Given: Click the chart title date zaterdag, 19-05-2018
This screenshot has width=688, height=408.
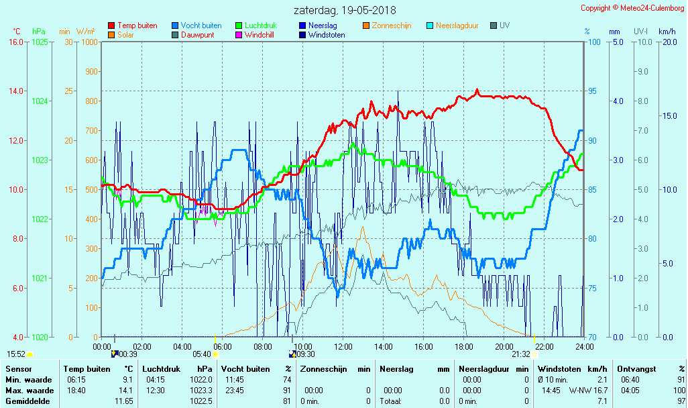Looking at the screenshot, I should tap(345, 10).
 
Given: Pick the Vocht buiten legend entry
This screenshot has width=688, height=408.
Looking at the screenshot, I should tap(200, 25).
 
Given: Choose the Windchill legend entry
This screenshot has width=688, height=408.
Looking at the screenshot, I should tap(258, 35).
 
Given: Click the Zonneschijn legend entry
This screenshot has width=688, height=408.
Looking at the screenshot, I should tap(391, 25).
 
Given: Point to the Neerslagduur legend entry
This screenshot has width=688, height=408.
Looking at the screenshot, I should tap(457, 25).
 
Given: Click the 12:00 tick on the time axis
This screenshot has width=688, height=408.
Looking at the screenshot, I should tap(343, 347).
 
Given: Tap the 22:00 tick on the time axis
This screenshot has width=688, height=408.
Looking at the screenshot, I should tap(544, 347).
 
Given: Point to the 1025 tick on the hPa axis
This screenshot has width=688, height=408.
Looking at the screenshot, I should tap(40, 42).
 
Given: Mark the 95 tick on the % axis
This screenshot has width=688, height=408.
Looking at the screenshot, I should tap(592, 91).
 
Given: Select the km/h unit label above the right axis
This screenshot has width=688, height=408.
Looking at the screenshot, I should tap(667, 32).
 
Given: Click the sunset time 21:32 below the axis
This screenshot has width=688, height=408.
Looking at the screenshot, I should tap(520, 354).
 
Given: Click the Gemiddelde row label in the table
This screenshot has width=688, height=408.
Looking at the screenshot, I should tap(27, 401).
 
